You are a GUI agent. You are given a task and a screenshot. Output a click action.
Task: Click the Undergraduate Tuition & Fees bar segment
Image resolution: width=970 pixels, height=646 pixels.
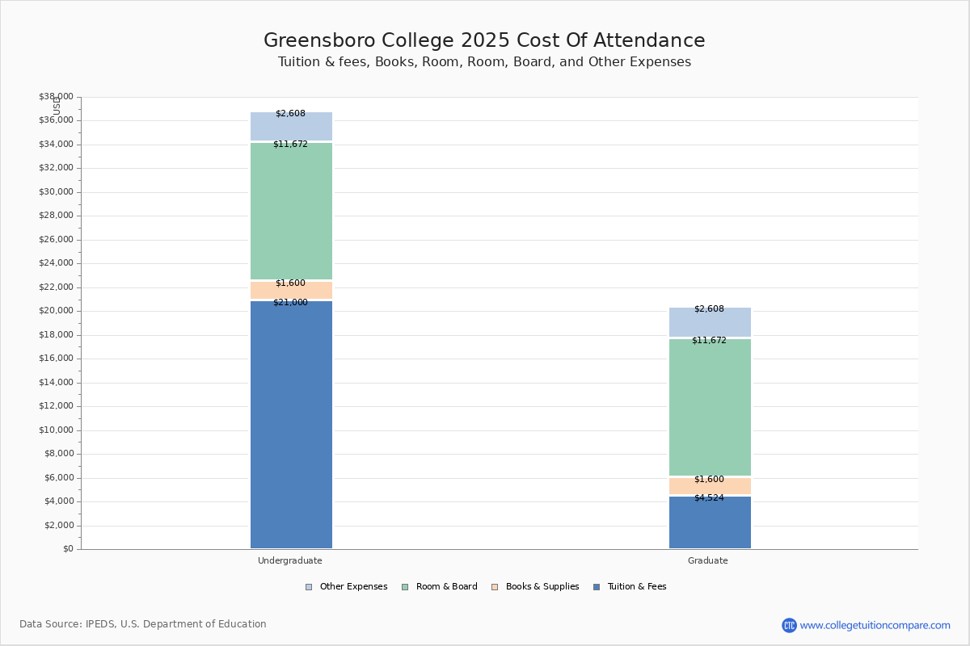292,425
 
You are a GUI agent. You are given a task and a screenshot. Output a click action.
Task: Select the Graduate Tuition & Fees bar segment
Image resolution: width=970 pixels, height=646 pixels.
710,522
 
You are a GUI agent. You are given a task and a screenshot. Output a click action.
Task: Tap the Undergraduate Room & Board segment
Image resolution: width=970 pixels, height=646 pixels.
292,211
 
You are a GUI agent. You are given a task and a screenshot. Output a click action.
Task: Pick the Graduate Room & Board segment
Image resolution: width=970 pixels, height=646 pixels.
710,407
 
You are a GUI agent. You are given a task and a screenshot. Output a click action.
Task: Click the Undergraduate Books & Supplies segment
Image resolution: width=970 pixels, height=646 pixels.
292,290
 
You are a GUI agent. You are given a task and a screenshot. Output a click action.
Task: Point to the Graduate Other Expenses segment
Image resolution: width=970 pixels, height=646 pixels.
710,322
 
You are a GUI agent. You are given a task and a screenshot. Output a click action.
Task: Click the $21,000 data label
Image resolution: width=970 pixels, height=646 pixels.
290,303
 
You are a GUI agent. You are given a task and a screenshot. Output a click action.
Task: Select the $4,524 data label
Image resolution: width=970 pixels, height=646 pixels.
710,498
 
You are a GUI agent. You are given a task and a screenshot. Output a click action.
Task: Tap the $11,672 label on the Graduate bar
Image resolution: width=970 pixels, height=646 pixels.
710,341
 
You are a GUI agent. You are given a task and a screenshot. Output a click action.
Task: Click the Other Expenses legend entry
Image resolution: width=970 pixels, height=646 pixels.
347,587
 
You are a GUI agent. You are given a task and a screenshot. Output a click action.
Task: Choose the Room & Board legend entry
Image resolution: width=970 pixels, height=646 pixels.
440,587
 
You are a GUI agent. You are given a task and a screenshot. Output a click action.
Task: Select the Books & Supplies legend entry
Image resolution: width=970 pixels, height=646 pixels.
536,587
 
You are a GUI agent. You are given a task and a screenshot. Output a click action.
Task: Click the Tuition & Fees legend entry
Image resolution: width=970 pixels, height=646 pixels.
630,587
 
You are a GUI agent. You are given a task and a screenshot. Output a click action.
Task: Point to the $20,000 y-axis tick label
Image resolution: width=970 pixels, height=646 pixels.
57,311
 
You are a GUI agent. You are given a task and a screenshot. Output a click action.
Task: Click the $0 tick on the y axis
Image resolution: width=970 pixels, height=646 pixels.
69,549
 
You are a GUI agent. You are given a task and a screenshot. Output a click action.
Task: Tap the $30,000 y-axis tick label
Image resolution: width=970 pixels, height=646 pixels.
57,191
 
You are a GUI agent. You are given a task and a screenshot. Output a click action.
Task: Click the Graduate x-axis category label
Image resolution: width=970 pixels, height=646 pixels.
708,560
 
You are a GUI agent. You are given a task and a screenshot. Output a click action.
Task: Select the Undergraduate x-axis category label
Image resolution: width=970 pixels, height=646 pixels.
290,560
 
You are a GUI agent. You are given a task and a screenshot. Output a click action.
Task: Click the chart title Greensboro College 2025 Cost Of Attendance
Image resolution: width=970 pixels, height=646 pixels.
484,40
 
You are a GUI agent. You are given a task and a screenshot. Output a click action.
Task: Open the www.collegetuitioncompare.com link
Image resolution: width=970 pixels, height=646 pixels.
875,625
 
